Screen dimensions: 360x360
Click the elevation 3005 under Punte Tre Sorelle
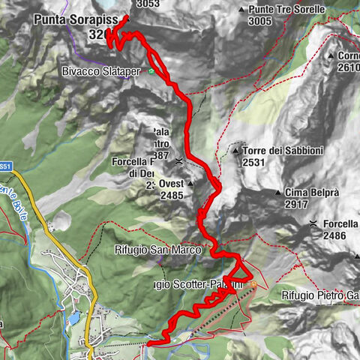259,22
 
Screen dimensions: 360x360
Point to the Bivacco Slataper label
103,72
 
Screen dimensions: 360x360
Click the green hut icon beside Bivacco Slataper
151,72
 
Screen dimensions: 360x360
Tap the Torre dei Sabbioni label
283,151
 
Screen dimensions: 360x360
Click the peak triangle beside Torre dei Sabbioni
235,151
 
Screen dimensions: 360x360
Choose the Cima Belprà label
312,192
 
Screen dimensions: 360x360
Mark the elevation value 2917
296,204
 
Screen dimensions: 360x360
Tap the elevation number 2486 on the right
334,235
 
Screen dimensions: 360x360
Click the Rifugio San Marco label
158,250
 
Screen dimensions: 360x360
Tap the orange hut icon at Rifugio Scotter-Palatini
253,284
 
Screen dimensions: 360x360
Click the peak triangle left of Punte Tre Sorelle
241,10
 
